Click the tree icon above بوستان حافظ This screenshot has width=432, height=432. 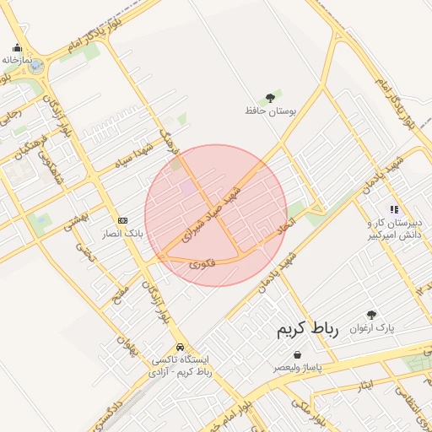pyautogui.click(x=270, y=98)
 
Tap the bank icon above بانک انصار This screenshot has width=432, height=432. pyautogui.click(x=123, y=219)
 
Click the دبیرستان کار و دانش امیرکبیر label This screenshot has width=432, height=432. pyautogui.click(x=393, y=229)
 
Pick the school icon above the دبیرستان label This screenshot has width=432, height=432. pyautogui.click(x=393, y=208)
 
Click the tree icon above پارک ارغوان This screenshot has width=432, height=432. pyautogui.click(x=372, y=315)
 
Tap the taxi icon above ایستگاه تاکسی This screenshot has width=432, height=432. pyautogui.click(x=180, y=347)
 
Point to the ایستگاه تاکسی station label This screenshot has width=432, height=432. pyautogui.click(x=180, y=365)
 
